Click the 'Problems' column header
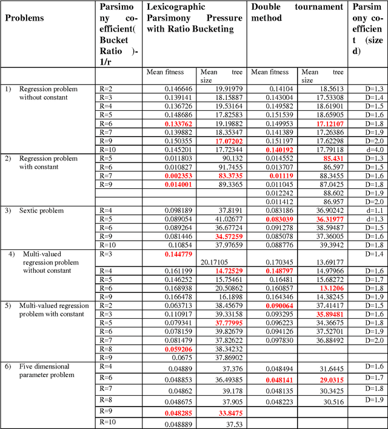click(x=24, y=18)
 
